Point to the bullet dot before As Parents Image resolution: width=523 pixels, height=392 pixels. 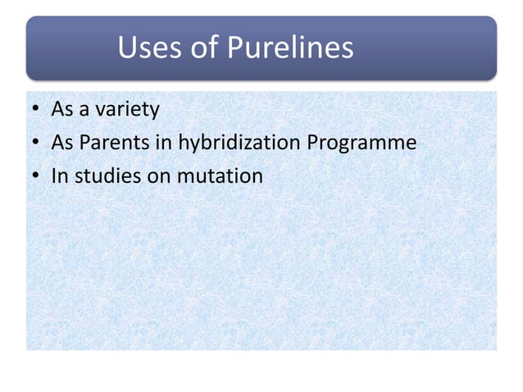[36, 144]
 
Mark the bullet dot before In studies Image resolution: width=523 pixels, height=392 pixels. [36, 175]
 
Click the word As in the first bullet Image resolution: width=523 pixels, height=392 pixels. [62, 110]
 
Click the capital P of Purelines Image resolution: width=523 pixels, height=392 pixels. [236, 49]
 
